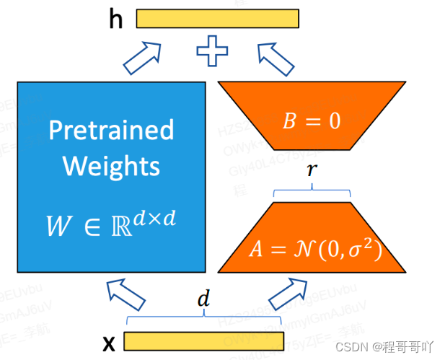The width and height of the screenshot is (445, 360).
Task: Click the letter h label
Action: tap(116, 19)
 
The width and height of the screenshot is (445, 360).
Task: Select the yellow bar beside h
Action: tap(217, 18)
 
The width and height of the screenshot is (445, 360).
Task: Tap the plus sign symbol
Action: tap(212, 52)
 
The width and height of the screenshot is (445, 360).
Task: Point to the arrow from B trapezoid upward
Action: tap(275, 58)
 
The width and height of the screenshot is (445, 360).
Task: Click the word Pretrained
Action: tap(111, 130)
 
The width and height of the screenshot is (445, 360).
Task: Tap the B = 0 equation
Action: tap(312, 120)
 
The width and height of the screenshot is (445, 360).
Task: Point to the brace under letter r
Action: tap(312, 190)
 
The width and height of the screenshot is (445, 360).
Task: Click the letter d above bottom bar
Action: tap(204, 300)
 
